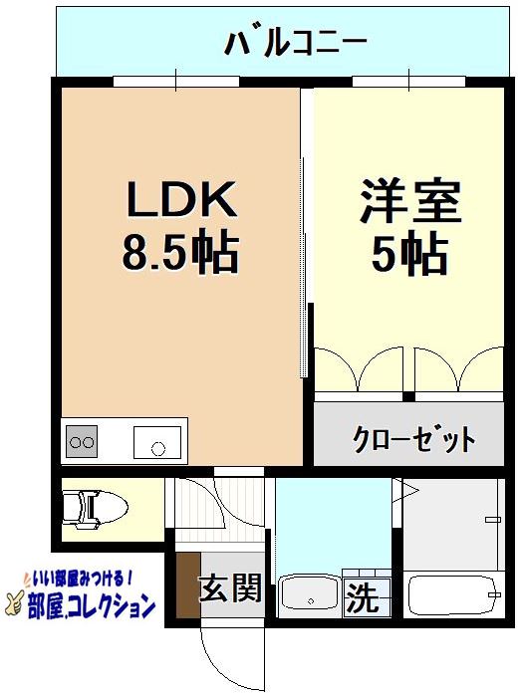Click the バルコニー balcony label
click(x=296, y=43)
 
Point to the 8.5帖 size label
click(x=179, y=255)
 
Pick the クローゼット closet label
click(x=412, y=438)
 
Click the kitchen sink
click(x=157, y=441)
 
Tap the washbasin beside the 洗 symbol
click(x=311, y=596)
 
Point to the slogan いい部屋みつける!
click(x=80, y=578)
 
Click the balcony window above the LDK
click(x=176, y=80)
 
